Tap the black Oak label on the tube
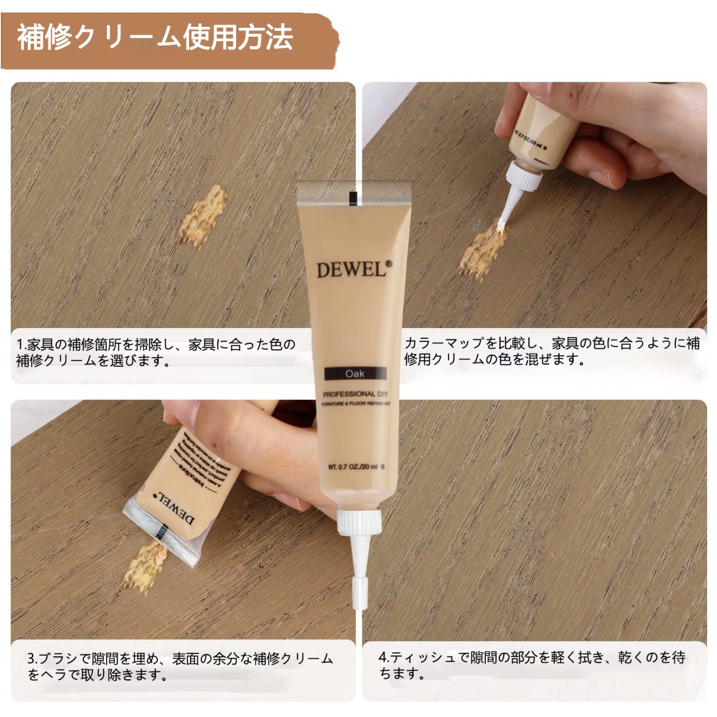[355, 374]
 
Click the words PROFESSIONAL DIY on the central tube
[355, 394]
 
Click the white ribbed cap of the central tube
[359, 522]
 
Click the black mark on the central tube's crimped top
[353, 197]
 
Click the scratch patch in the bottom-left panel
[144, 566]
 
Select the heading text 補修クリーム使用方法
[155, 38]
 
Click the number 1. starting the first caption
[21, 344]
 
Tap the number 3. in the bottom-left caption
[32, 659]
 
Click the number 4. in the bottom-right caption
[384, 657]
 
